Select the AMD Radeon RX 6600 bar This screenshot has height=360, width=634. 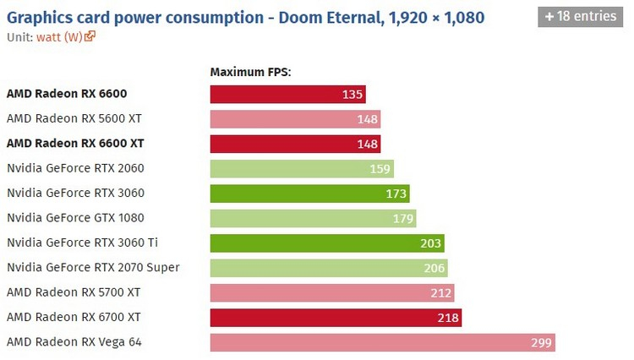pyautogui.click(x=288, y=95)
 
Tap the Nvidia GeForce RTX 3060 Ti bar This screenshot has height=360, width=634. pyautogui.click(x=327, y=243)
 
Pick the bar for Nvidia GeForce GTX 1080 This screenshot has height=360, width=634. pyautogui.click(x=313, y=219)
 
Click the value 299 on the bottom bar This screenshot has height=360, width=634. pyautogui.click(x=542, y=342)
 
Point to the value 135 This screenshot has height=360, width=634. pyautogui.click(x=353, y=95)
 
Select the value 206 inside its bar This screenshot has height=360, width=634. pyautogui.click(x=434, y=268)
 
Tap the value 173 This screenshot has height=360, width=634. pyautogui.click(x=396, y=194)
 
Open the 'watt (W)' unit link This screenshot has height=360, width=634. pyautogui.click(x=58, y=36)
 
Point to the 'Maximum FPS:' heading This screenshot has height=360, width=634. pyautogui.click(x=250, y=73)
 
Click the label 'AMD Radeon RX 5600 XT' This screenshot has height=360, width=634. pyautogui.click(x=74, y=119)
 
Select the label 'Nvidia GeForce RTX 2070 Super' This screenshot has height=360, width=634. pyautogui.click(x=93, y=268)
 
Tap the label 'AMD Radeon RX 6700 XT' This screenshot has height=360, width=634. pyautogui.click(x=74, y=318)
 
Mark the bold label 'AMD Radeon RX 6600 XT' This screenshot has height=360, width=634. pyautogui.click(x=75, y=145)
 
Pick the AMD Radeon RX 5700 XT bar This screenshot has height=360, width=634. pyautogui.click(x=331, y=293)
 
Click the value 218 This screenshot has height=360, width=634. pyautogui.click(x=448, y=318)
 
